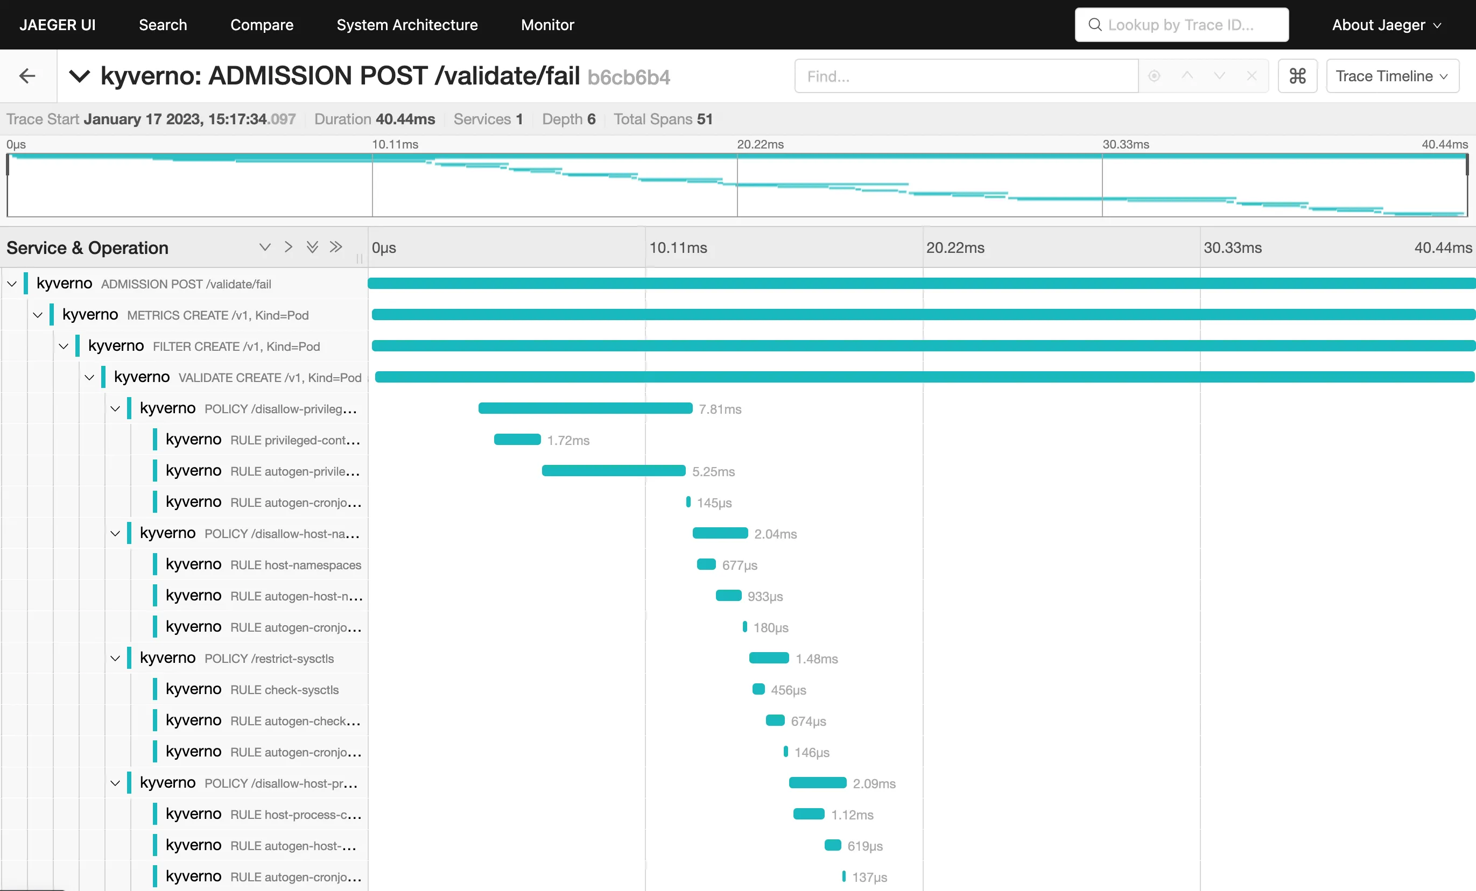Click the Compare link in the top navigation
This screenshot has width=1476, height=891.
[262, 25]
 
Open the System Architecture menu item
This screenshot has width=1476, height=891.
[407, 25]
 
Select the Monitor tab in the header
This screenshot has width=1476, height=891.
[547, 25]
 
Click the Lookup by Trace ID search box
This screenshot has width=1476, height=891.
[1180, 25]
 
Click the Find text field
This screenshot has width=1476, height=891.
[966, 76]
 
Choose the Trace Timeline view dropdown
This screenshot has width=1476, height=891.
[1391, 76]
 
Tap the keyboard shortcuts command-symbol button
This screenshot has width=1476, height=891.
[1297, 76]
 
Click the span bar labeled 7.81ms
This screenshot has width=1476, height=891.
[585, 408]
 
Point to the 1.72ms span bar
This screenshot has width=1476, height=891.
[516, 440]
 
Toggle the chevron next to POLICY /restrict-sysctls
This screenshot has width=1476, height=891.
[116, 658]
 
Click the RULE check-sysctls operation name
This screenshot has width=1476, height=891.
[285, 690]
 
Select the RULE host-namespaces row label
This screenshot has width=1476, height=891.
[296, 564]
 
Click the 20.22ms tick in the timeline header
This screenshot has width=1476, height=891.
[955, 248]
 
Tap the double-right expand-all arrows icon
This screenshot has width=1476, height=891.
[335, 247]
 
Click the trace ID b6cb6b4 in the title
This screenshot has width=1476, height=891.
[628, 77]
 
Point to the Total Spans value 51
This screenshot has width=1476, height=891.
[705, 119]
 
